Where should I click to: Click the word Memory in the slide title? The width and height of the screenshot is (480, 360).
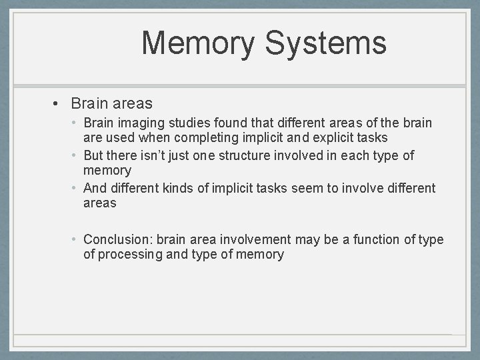[x=198, y=43]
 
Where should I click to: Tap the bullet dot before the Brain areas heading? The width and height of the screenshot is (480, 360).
[x=58, y=104]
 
